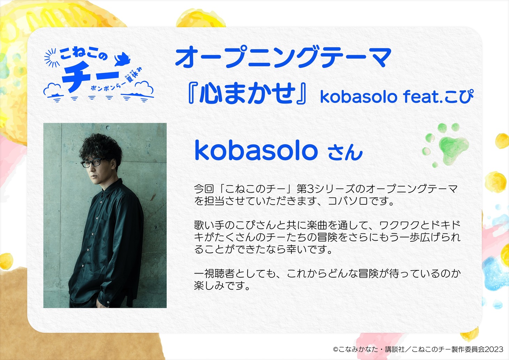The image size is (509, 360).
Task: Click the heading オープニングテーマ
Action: (x=283, y=57)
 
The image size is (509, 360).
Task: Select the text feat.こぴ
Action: (x=439, y=96)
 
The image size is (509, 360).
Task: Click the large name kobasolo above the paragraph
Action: (x=256, y=150)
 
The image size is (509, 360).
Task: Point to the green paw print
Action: (x=446, y=145)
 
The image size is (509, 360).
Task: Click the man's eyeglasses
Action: (x=93, y=162)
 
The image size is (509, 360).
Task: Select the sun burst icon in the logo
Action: (x=51, y=58)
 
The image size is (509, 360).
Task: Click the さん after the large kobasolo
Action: (x=345, y=152)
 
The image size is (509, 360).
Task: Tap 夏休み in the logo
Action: (x=135, y=75)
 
